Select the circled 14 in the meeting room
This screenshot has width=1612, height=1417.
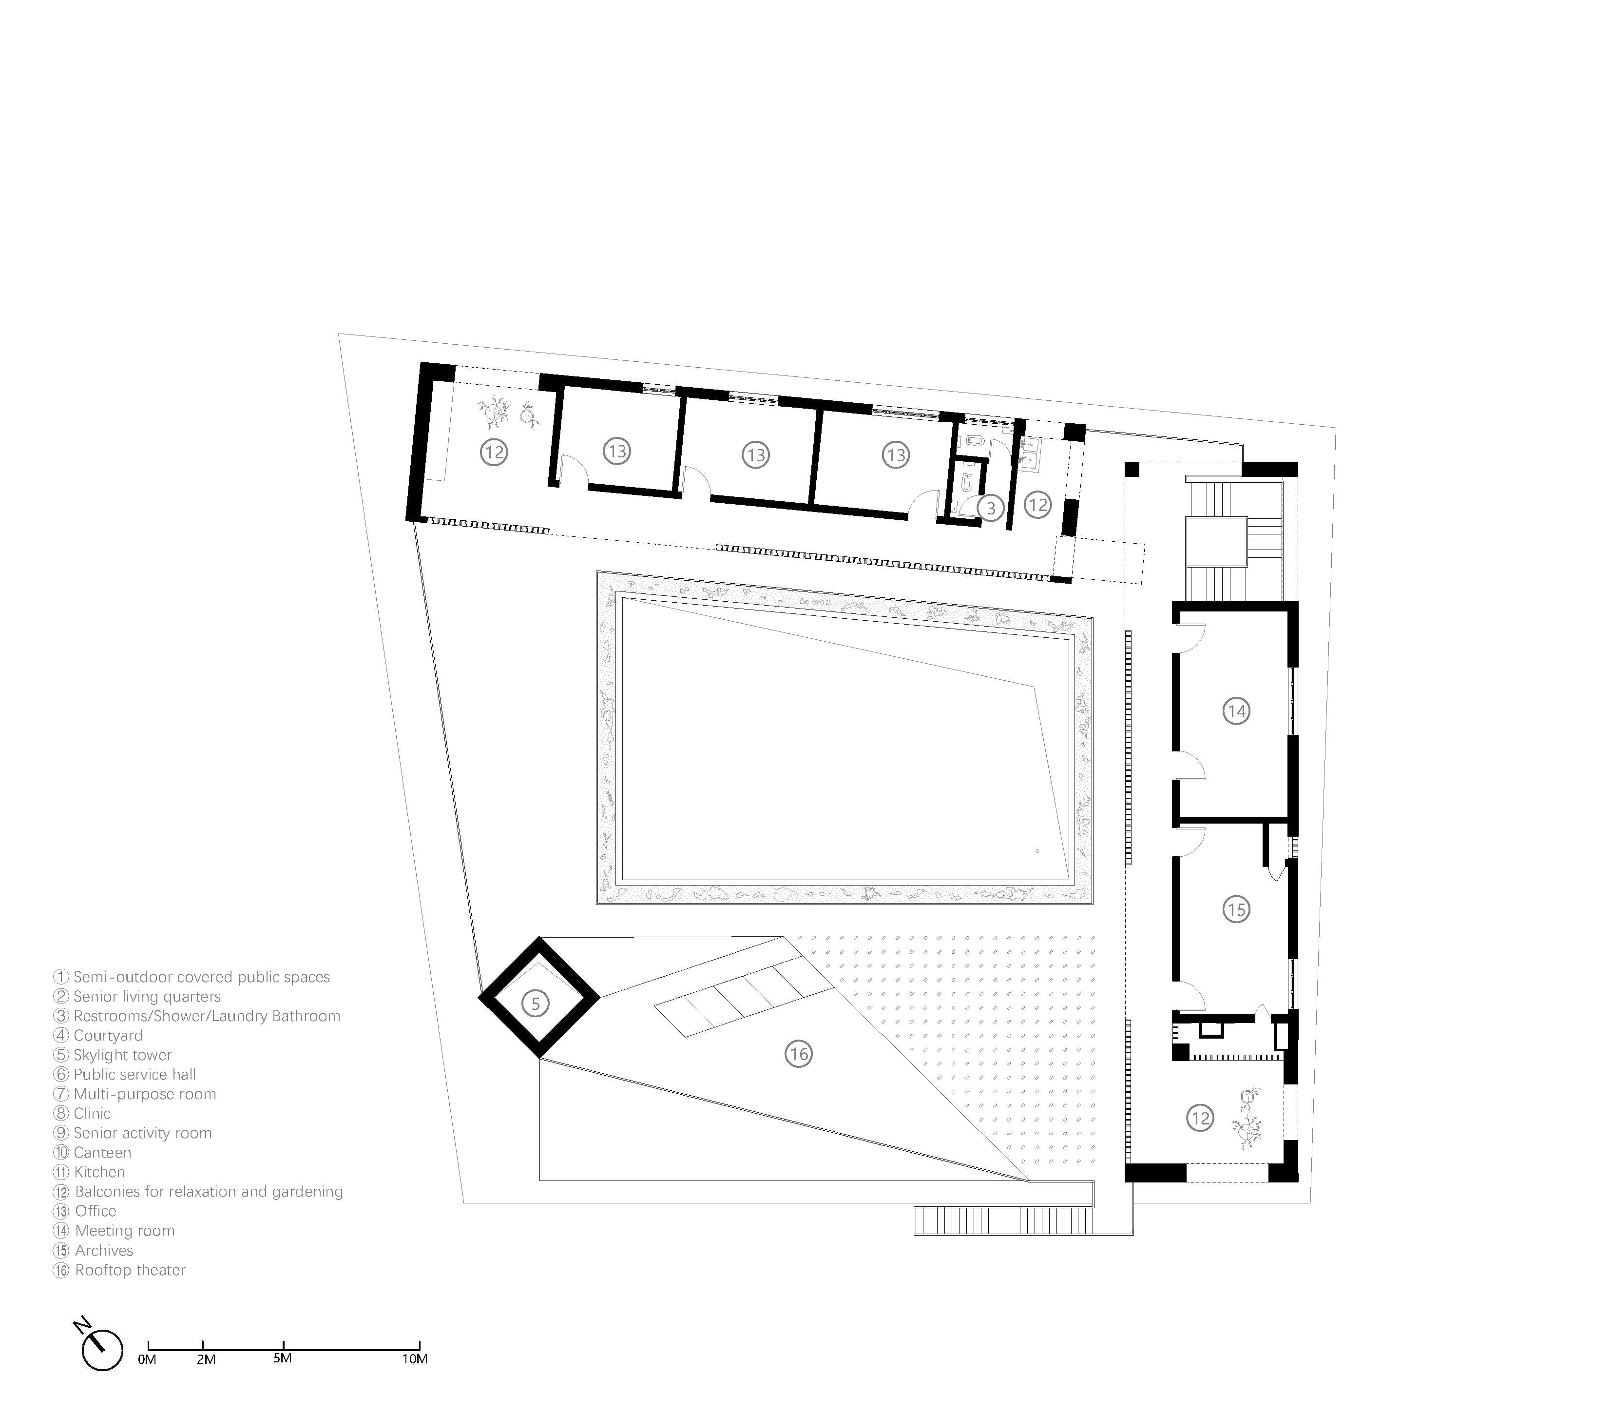click(x=1236, y=711)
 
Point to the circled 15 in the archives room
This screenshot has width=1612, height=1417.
click(x=1236, y=910)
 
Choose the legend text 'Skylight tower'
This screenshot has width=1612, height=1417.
click(x=122, y=1055)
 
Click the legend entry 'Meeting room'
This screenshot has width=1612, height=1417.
click(x=125, y=1231)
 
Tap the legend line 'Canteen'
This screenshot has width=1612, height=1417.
click(x=102, y=1153)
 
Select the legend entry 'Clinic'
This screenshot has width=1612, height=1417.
click(x=92, y=1113)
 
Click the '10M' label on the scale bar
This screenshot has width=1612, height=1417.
click(x=415, y=1358)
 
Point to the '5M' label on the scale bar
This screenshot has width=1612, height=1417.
click(x=283, y=1358)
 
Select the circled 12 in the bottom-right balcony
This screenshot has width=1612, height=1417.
click(x=1200, y=1118)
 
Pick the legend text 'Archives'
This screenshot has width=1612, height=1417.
click(x=104, y=1251)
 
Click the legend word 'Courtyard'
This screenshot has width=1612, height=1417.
click(x=108, y=1035)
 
